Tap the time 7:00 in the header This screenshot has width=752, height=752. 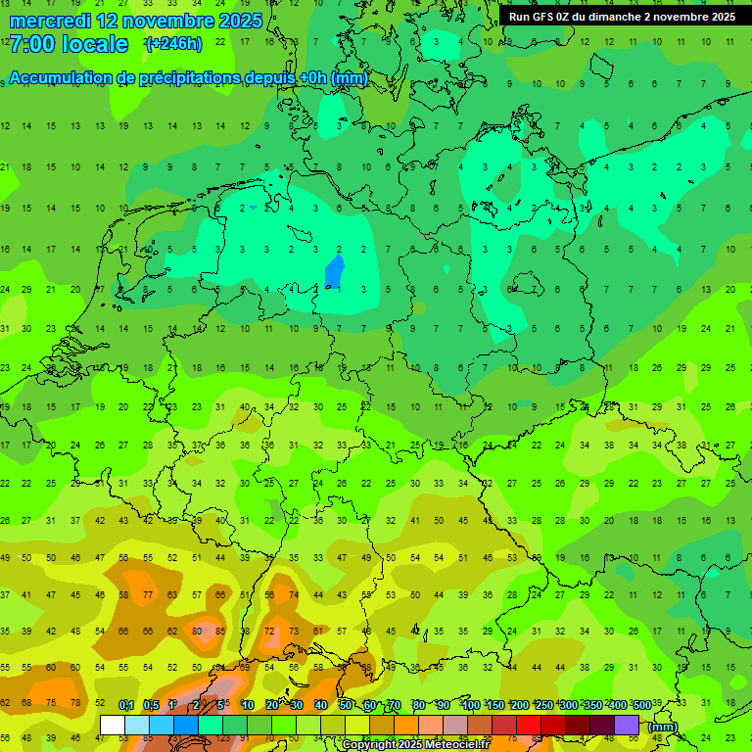coord(31,44)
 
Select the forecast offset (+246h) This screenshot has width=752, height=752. coord(173,44)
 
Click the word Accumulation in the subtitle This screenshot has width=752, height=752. coord(59,78)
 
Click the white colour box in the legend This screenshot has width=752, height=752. coord(113,725)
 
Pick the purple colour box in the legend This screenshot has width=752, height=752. coord(627,725)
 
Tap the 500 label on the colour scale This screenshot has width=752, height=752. coord(641,705)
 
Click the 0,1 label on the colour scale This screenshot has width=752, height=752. coord(126,705)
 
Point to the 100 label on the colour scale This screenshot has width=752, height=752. coord(470,705)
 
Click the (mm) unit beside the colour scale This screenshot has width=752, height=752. coord(663,727)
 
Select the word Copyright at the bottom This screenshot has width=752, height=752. coord(369,745)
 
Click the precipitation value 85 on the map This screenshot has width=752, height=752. coord(220,632)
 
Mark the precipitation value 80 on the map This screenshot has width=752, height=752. coord(197,632)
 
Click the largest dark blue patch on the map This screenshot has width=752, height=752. coord(334,271)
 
